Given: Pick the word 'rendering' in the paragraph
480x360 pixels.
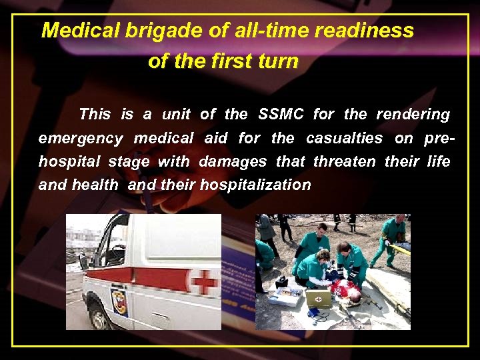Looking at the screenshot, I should [413, 114].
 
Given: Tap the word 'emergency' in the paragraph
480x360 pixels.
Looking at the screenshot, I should [81, 139].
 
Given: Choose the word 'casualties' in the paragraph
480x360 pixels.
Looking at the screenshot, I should [345, 139].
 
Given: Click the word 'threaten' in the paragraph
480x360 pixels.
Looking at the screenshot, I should [345, 161].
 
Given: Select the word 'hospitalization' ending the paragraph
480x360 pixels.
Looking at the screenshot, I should [255, 185].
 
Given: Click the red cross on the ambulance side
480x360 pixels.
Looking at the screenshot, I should [205, 282].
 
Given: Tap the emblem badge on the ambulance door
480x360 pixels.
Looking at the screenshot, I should [119, 301].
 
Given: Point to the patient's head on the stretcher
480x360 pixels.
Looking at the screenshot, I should [356, 297].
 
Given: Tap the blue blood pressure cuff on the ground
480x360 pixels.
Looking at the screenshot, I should [313, 313].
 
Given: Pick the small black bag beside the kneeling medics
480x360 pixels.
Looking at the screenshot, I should [281, 282].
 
